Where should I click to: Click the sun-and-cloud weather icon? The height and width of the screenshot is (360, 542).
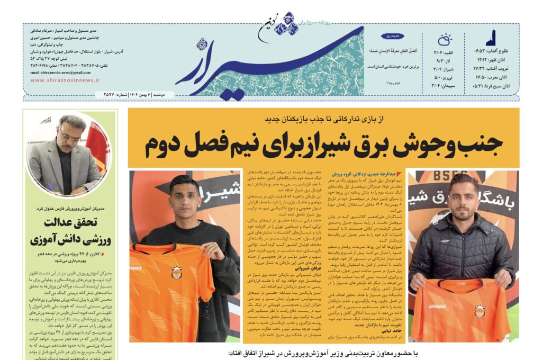pos(445,40)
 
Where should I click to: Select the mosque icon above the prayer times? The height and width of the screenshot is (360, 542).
pos(491,37)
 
